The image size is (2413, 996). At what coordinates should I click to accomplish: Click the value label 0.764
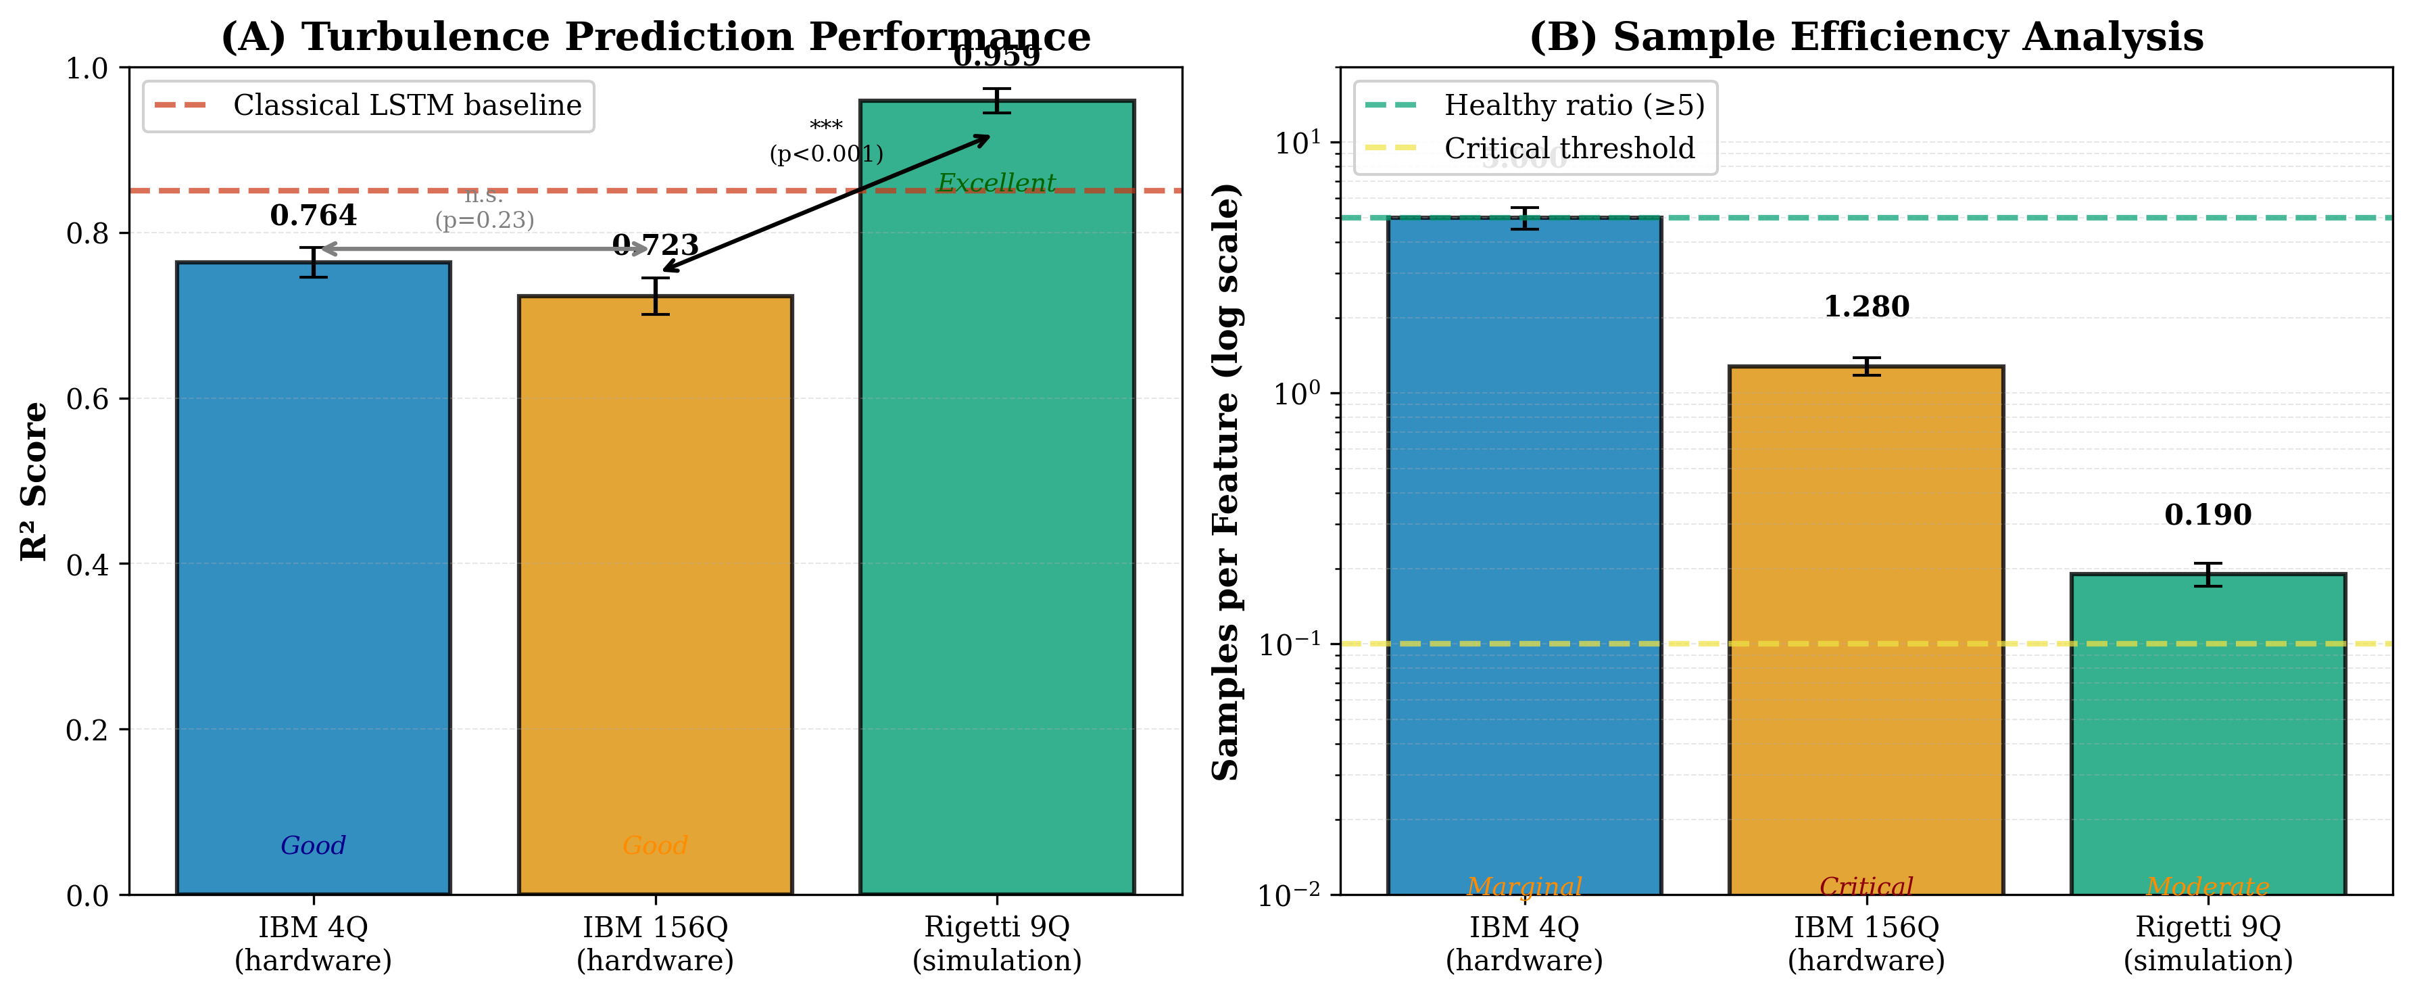click(313, 216)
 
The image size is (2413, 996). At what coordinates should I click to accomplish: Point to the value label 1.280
click(1866, 306)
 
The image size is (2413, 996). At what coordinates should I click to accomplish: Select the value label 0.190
click(2208, 515)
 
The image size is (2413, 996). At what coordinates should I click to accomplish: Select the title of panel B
click(1866, 37)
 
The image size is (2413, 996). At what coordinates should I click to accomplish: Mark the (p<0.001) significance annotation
click(826, 153)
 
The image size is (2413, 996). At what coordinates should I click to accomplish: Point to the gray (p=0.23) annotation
click(484, 220)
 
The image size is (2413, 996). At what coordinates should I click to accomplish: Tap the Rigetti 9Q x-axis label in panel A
click(997, 943)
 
